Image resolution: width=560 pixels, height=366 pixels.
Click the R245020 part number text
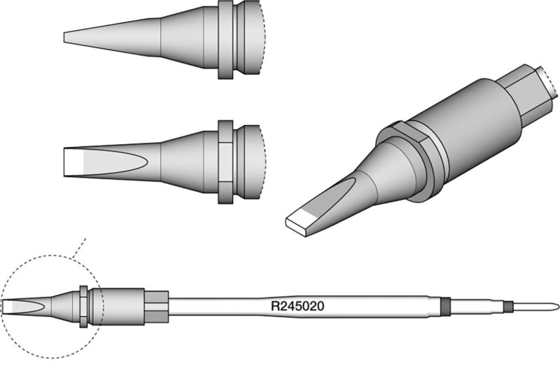point(297,307)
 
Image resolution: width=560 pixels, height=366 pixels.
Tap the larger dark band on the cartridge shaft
point(445,307)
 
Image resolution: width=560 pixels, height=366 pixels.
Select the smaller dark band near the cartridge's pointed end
point(508,307)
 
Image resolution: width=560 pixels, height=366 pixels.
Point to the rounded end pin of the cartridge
point(535,307)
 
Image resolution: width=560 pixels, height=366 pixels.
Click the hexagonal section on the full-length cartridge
point(156,307)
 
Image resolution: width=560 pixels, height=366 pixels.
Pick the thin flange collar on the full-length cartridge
point(83,307)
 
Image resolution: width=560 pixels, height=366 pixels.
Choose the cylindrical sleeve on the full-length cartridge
point(118,307)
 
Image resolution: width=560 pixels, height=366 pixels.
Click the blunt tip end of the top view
point(64,38)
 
